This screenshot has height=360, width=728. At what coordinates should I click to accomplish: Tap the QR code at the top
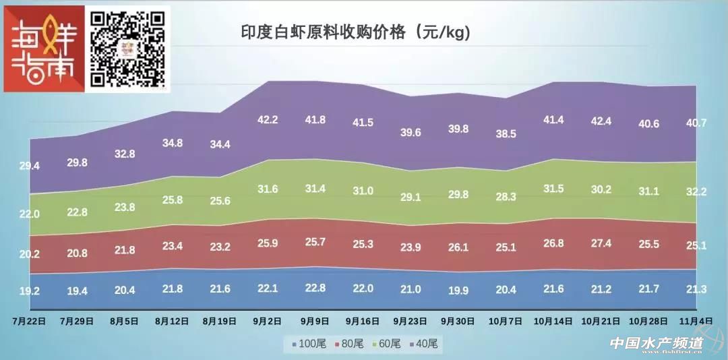[128, 49]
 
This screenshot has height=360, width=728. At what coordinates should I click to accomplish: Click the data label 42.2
[268, 120]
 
